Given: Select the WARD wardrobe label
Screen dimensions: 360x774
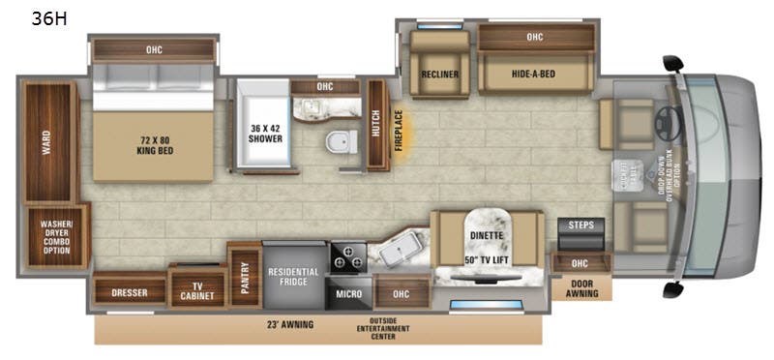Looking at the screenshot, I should (45, 143).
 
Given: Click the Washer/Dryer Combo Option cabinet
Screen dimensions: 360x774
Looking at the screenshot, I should (56, 236).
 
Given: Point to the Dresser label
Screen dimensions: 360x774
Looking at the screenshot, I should (129, 291).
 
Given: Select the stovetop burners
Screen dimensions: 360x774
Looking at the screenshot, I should (348, 257).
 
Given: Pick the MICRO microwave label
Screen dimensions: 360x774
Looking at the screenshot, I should (348, 291).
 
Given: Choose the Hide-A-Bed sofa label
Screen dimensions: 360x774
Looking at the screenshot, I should (534, 74).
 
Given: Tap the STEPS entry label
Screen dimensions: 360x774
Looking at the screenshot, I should (582, 225).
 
